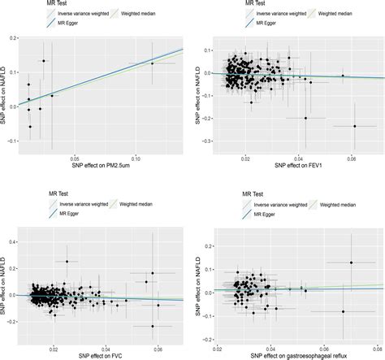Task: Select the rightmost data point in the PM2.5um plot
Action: (x=152, y=63)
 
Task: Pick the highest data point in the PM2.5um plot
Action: (x=44, y=61)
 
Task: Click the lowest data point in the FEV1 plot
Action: (x=355, y=126)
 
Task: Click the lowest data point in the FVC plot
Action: (x=152, y=326)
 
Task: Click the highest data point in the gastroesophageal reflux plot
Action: (x=352, y=262)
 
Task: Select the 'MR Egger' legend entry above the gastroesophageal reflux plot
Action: (x=262, y=215)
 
